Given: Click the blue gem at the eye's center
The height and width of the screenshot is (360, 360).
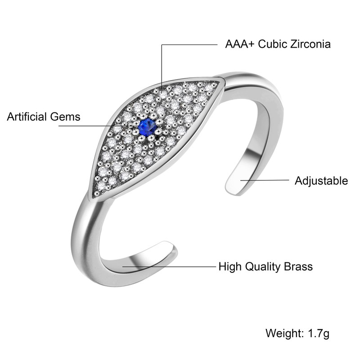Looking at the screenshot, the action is pyautogui.click(x=147, y=127).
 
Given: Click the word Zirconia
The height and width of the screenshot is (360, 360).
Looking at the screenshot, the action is pyautogui.click(x=310, y=44).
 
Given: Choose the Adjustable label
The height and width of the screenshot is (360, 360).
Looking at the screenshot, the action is pyautogui.click(x=321, y=181).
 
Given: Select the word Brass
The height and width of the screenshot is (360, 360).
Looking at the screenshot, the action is pyautogui.click(x=298, y=266).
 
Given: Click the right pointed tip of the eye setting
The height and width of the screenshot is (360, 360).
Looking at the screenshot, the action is pyautogui.click(x=222, y=81).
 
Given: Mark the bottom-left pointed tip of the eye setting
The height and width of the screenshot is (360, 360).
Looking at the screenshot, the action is pyautogui.click(x=93, y=196).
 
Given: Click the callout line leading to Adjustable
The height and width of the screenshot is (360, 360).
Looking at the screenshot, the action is pyautogui.click(x=265, y=180).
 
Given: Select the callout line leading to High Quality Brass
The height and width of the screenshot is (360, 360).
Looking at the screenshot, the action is pyautogui.click(x=171, y=266).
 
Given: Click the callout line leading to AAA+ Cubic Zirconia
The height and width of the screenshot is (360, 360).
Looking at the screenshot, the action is pyautogui.click(x=189, y=45).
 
